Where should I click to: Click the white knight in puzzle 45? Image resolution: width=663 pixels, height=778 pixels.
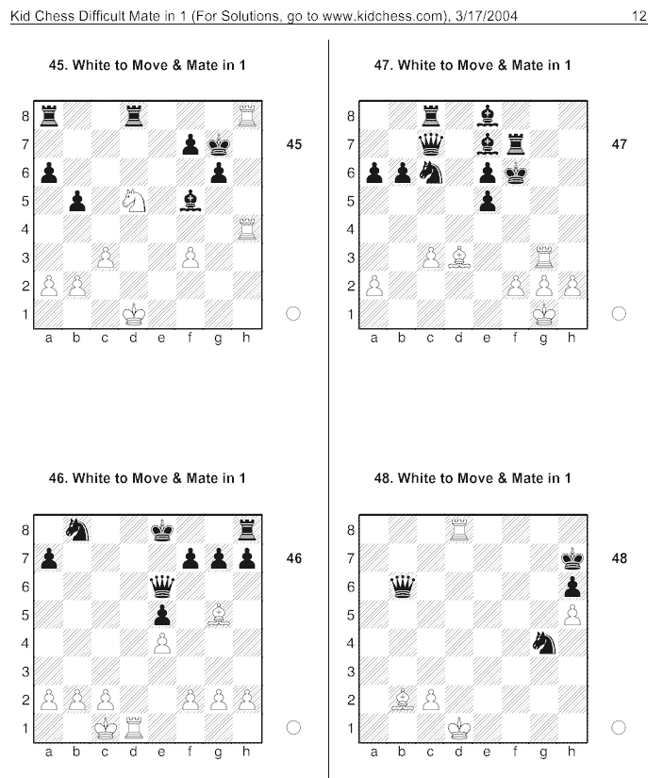(134, 201)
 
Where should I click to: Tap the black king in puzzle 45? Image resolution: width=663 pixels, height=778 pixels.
(219, 144)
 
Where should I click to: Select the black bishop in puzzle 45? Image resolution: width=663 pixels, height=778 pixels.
(191, 201)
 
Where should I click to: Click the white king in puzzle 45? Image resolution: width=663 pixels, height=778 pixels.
(134, 314)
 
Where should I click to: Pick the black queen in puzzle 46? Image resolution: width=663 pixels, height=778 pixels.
(162, 586)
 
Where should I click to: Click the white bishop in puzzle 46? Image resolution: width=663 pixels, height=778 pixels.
(219, 614)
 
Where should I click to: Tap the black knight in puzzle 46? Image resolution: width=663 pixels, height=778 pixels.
(77, 529)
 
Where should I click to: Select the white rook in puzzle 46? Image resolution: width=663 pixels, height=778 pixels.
(134, 727)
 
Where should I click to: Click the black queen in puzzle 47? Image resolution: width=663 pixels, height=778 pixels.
(431, 144)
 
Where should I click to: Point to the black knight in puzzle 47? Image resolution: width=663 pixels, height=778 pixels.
(431, 173)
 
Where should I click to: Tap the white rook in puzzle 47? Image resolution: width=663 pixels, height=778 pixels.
(544, 257)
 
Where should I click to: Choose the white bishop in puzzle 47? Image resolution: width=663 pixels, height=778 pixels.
(459, 257)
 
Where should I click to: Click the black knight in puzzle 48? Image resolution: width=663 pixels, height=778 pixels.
(544, 642)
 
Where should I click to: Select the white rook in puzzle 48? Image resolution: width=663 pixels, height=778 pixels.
(459, 529)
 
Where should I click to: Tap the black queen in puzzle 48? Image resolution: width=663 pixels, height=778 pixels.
(403, 586)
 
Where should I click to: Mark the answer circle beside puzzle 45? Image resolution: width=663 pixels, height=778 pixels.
(293, 314)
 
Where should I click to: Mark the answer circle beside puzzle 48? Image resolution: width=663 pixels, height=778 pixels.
(619, 727)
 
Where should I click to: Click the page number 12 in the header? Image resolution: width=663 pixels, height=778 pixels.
(639, 16)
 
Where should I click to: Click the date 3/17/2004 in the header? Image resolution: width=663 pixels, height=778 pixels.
(487, 16)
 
